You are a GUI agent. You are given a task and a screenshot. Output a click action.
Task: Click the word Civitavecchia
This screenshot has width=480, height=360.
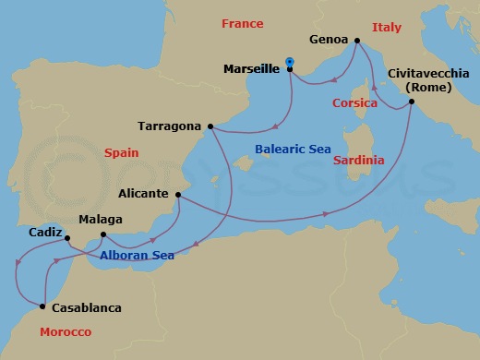[x=427, y=74]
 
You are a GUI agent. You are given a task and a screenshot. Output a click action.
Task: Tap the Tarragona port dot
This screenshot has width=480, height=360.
[x=211, y=126]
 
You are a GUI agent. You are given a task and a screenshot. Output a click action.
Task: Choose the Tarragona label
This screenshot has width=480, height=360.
[x=170, y=126]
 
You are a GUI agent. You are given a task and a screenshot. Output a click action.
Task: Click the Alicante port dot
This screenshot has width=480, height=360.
[x=177, y=195]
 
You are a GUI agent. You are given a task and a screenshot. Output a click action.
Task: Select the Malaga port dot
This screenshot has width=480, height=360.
[x=102, y=235]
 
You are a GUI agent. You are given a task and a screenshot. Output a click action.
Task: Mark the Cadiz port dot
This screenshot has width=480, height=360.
[x=67, y=239]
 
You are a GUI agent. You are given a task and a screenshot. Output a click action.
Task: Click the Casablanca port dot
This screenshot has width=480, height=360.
[x=43, y=306]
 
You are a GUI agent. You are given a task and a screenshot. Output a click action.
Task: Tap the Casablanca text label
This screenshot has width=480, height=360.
[x=86, y=308]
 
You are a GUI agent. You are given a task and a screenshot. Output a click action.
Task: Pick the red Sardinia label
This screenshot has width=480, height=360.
[x=359, y=160]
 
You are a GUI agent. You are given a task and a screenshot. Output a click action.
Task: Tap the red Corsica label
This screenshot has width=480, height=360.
[x=355, y=104]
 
